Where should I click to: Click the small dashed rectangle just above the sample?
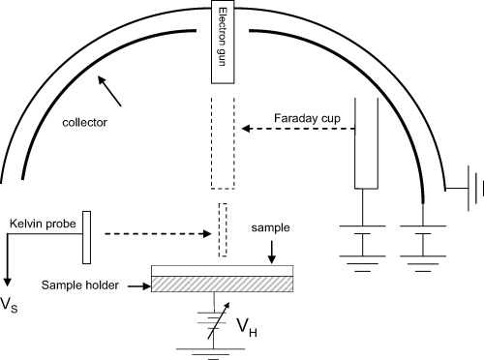pyautogui.click(x=224, y=229)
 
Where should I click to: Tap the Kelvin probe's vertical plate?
pyautogui.click(x=87, y=237)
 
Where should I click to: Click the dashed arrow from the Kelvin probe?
pyautogui.click(x=156, y=234)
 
